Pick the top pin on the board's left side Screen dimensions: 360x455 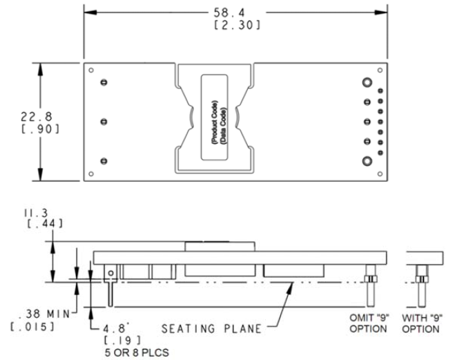pos(104,82)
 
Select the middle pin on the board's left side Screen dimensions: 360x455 pos(104,122)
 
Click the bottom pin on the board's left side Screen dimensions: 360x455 pos(104,161)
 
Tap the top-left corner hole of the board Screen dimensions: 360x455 pos(91,69)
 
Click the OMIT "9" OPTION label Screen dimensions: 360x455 pos(367,323)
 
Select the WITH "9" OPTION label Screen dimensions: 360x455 pos(421,323)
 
